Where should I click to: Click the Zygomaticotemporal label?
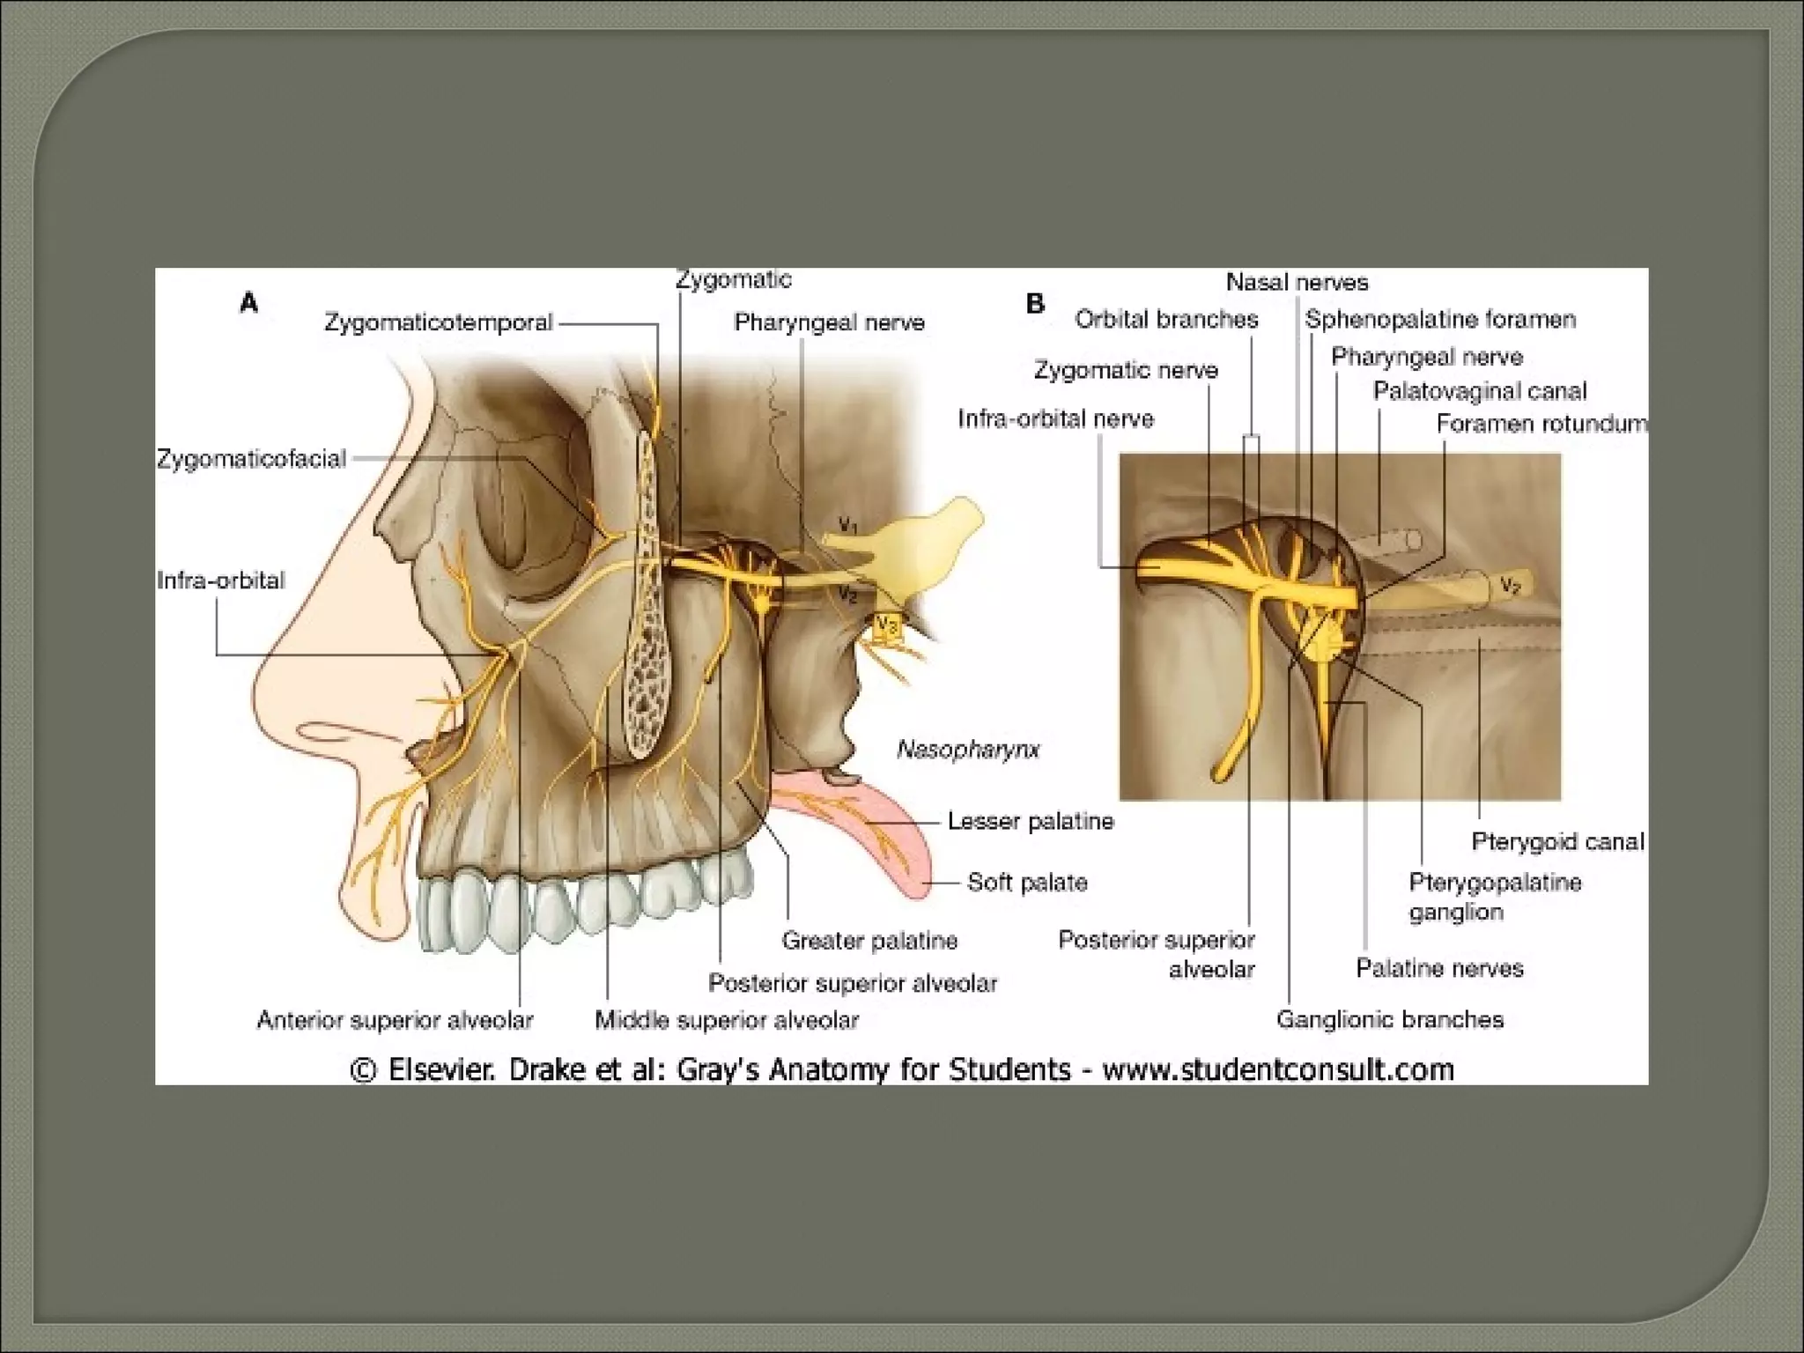click(438, 322)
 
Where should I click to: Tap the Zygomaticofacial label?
click(252, 459)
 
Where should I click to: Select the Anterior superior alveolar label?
click(395, 1020)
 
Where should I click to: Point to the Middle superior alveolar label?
click(727, 1020)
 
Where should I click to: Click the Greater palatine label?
click(869, 941)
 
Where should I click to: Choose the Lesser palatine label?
click(1031, 821)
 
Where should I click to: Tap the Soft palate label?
click(1027, 882)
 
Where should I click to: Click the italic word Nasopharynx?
click(968, 750)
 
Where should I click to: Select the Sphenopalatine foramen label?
click(1440, 319)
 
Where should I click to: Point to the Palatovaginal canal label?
click(1480, 390)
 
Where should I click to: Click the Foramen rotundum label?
click(1541, 424)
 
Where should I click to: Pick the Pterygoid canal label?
click(1557, 841)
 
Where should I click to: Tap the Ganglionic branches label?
click(1389, 1019)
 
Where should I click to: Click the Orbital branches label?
click(1166, 319)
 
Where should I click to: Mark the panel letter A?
click(249, 304)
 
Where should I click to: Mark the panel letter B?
click(1035, 304)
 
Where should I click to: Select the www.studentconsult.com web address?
click(1277, 1069)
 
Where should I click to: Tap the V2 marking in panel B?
click(1510, 585)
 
